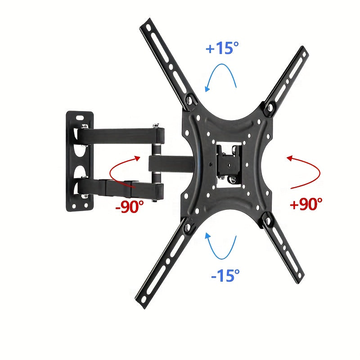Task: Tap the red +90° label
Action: click(306, 204)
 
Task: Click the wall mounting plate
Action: click(80, 162)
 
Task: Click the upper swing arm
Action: click(121, 134)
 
